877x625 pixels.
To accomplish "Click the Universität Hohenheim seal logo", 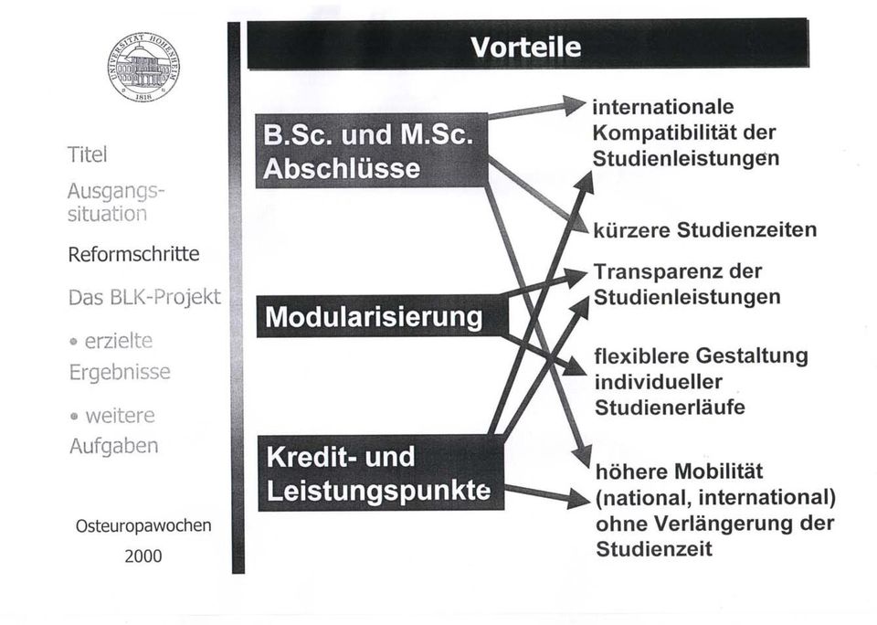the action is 143,67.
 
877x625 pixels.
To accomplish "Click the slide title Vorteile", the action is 526,47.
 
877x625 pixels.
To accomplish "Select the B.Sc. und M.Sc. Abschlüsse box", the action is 372,151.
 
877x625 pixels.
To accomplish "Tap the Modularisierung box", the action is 383,317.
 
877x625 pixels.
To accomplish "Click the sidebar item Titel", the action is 88,155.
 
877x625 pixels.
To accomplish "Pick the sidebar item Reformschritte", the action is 133,254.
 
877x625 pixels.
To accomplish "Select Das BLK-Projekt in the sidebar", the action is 145,297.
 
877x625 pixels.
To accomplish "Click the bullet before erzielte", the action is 73,342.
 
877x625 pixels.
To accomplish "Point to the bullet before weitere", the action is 74,417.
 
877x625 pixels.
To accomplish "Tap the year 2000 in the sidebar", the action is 143,556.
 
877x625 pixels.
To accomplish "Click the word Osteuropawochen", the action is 143,526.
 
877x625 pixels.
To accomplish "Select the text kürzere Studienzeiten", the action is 704,230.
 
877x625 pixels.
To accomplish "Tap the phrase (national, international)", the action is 715,497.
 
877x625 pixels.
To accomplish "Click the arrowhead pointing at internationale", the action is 575,105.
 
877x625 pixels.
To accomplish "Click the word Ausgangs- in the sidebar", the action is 116,192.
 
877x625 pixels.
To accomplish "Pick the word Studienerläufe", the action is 670,408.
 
